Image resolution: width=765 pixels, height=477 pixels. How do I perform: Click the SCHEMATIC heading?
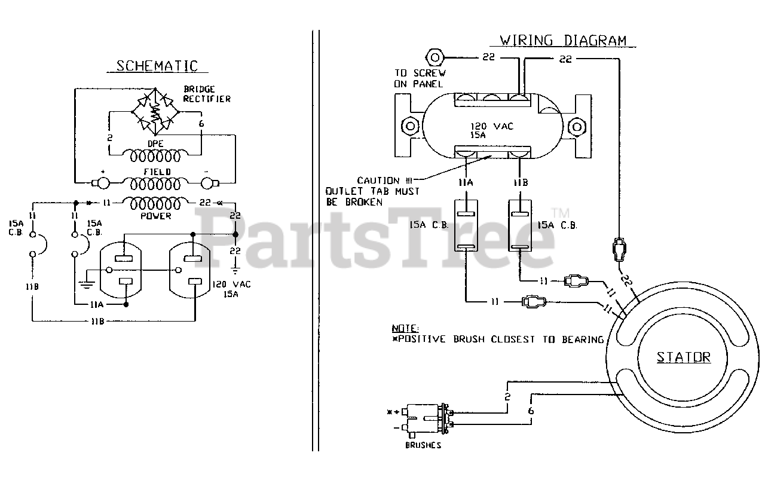(157, 66)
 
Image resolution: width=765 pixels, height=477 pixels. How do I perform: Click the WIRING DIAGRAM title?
(563, 41)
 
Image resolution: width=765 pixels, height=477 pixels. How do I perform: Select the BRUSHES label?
(423, 445)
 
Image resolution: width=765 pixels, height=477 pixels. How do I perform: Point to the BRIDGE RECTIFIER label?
(207, 94)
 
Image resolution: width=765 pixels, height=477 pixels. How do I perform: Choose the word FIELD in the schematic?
(156, 172)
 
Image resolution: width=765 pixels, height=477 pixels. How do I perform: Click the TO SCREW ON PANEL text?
(420, 78)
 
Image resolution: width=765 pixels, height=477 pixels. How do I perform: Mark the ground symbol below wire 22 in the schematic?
(235, 264)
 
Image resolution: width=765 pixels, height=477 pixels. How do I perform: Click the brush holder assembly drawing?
(427, 418)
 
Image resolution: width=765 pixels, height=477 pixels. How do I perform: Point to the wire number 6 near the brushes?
(530, 412)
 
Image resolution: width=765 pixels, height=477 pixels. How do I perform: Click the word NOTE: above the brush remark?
(405, 329)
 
